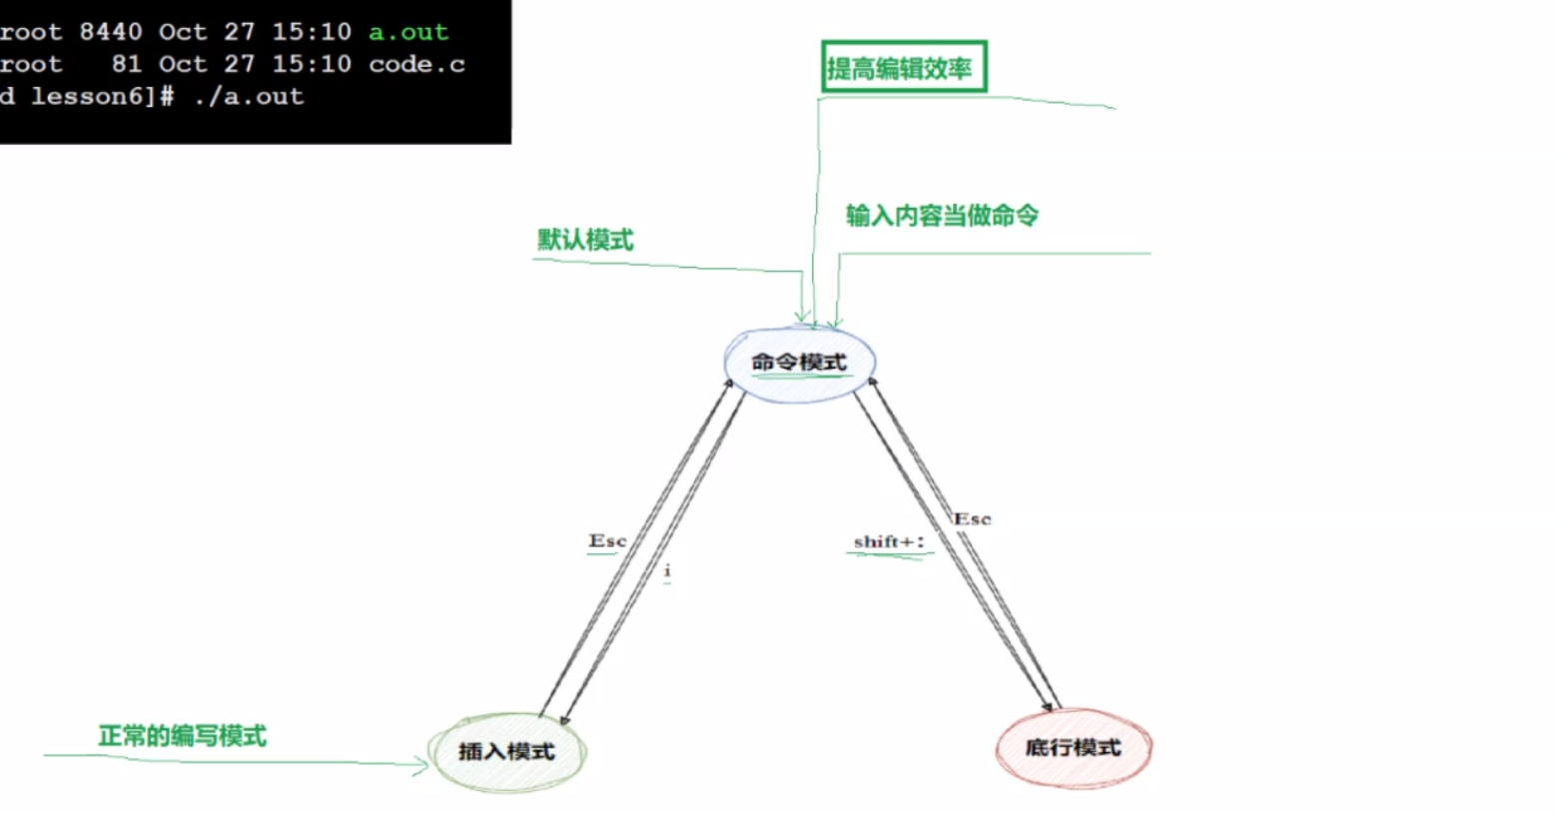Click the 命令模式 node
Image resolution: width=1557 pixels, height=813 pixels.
tap(799, 363)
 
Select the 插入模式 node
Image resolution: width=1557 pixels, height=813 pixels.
tap(506, 752)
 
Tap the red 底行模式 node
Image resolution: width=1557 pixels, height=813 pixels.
tap(1074, 748)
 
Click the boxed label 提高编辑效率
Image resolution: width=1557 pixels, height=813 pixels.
tap(903, 68)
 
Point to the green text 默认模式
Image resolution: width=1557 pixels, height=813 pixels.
tap(585, 241)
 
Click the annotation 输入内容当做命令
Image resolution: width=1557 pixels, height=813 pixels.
tap(942, 216)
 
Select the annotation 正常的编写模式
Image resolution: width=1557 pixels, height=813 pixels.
tap(183, 736)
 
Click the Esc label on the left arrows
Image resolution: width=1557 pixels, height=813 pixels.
tap(607, 541)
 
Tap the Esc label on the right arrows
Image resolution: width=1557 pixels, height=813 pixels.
tap(972, 519)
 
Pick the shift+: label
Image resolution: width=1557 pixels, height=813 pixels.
tap(889, 542)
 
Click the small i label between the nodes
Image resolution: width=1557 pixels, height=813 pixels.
tap(667, 570)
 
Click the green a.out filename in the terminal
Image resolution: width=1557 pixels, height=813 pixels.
tap(408, 32)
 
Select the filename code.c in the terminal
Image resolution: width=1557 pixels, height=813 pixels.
tap(416, 64)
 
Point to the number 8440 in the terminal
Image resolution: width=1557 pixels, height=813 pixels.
tap(110, 32)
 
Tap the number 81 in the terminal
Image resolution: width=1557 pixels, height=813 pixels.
tap(126, 64)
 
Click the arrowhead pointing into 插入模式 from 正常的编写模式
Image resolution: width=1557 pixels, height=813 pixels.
tap(423, 766)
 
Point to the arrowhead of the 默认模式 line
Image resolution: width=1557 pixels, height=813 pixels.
tap(802, 318)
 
